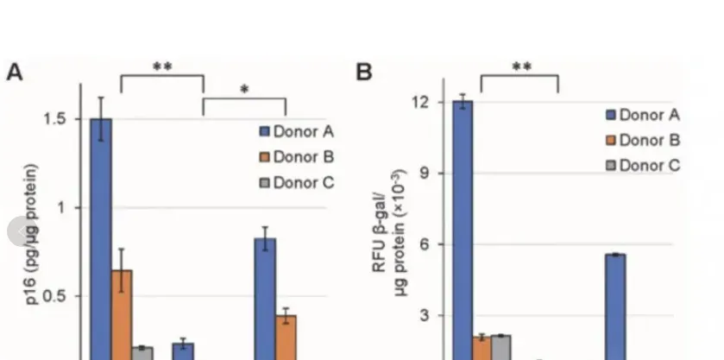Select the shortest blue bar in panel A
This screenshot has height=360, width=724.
point(183,351)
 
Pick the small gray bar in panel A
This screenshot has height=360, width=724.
point(142,353)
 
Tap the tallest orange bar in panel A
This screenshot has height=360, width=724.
point(122,315)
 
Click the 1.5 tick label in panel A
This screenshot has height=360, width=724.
point(59,119)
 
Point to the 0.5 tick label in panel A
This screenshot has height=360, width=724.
point(59,296)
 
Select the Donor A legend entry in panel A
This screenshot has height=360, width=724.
point(297,131)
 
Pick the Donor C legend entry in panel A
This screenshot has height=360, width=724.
point(297,182)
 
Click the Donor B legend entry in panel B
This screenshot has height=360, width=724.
point(642,140)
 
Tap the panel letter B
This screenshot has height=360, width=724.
point(364,72)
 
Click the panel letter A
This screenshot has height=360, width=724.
point(15,72)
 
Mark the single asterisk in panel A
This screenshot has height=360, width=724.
point(244,90)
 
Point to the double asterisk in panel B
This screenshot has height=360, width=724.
point(520,66)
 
